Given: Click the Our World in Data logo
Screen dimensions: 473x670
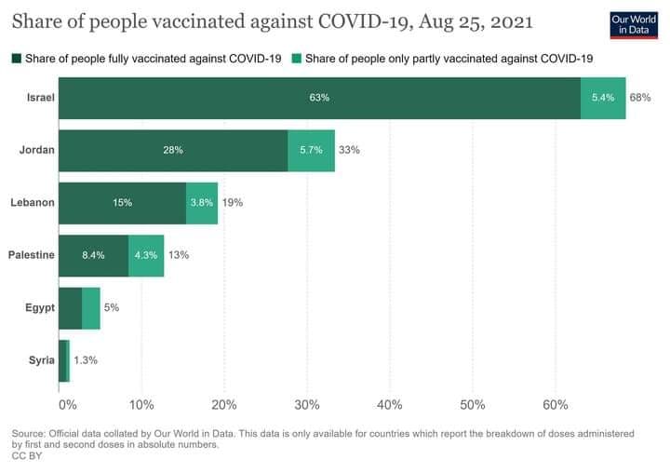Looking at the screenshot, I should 633,25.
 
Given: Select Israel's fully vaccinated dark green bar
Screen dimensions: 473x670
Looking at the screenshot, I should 319,97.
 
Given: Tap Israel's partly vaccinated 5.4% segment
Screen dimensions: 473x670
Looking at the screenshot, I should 603,97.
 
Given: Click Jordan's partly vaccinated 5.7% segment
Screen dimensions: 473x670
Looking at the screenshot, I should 311,150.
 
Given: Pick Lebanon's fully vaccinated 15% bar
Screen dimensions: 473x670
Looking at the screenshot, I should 122,202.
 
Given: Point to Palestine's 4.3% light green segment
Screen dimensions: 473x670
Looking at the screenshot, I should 146,254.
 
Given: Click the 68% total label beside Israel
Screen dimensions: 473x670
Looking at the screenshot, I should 640,97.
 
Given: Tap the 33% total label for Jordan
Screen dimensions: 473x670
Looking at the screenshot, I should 349,150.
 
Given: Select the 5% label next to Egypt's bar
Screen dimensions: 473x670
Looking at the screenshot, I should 111,307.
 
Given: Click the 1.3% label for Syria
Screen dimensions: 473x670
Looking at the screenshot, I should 86,360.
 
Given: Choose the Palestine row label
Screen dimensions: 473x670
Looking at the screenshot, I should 31,254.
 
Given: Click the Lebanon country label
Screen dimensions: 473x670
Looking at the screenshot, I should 31,202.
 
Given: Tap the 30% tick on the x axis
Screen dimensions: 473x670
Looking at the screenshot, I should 307,405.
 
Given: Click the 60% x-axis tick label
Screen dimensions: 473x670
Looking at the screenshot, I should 556,405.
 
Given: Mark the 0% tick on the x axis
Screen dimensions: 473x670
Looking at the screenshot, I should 67,405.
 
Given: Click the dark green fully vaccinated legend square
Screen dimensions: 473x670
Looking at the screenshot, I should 17,59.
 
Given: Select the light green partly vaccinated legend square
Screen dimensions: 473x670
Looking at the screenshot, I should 295,59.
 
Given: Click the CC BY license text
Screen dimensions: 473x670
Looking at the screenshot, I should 25,456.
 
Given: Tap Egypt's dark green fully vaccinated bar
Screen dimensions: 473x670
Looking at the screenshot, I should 70,307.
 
